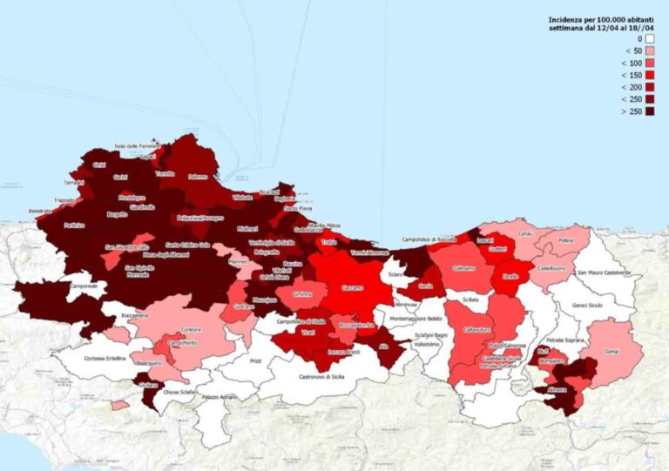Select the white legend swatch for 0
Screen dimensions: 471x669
650,38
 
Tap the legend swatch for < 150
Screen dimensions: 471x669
650,75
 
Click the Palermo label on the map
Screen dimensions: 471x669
199,177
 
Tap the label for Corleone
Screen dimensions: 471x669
192,330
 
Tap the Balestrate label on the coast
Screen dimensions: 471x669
40,211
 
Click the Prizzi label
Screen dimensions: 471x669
255,360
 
